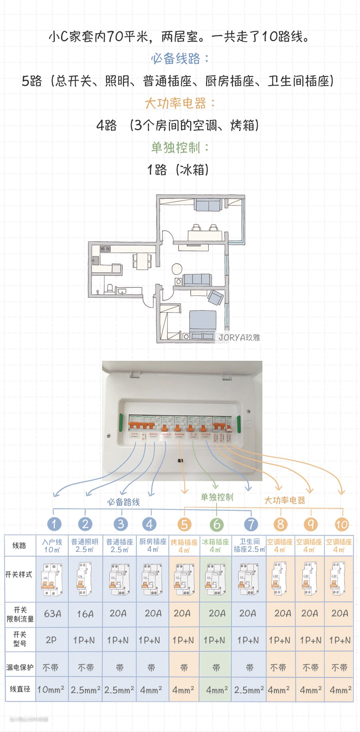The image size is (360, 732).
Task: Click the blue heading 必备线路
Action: [180, 59]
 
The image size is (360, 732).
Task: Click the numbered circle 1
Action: [54, 524]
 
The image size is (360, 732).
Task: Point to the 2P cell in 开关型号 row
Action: [51, 640]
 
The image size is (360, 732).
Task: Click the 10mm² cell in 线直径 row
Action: [51, 689]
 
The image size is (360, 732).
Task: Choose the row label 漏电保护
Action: [20, 667]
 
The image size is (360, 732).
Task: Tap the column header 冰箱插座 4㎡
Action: [215, 546]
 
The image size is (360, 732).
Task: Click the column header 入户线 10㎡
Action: [52, 546]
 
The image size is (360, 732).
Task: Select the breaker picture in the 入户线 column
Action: [52, 579]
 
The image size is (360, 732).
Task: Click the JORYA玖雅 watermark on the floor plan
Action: [239, 337]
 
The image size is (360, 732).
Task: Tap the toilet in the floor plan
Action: [109, 287]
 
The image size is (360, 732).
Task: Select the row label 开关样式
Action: [19, 574]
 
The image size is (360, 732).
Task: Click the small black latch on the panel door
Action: [180, 461]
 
